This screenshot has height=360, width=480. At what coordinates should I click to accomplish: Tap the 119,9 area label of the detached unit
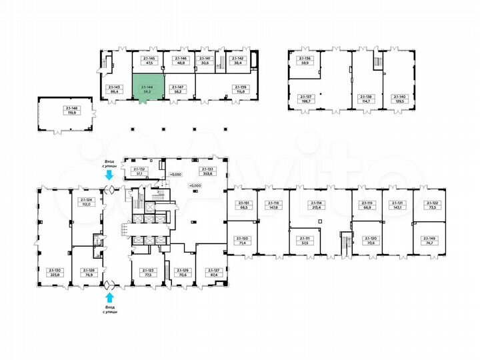pyautogui.click(x=70, y=113)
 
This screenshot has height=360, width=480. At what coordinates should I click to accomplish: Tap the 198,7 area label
pyautogui.click(x=306, y=101)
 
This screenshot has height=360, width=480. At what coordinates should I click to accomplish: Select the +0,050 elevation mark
pyautogui.click(x=175, y=175)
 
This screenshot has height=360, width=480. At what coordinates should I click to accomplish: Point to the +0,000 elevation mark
pyautogui.click(x=194, y=185)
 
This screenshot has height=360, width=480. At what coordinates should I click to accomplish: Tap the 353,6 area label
pyautogui.click(x=205, y=175)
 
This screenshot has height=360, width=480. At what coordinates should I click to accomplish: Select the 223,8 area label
pyautogui.click(x=54, y=274)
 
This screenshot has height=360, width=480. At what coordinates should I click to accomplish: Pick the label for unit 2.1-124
pyautogui.click(x=85, y=200)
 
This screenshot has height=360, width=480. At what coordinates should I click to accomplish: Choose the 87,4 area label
pyautogui.click(x=213, y=274)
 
